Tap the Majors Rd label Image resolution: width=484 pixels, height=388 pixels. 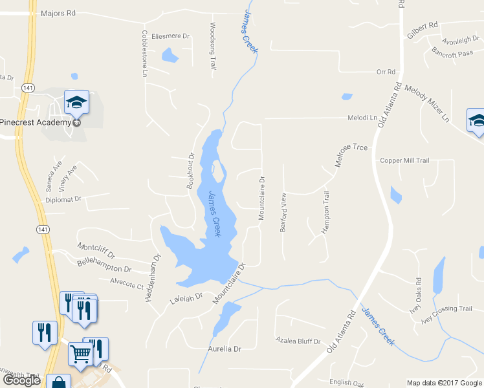point(58,13)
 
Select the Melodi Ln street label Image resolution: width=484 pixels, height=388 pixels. point(363,118)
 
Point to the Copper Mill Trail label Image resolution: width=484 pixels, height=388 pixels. point(404,160)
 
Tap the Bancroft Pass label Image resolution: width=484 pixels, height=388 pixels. point(452,54)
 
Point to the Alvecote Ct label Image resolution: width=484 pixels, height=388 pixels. point(126,283)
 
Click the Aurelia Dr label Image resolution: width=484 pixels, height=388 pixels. point(225,349)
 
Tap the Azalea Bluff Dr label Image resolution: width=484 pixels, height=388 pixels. point(298,340)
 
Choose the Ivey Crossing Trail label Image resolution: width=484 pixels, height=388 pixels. point(446,309)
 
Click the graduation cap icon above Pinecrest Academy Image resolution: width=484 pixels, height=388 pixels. point(76,102)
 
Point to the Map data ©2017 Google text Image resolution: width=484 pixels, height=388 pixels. point(443,383)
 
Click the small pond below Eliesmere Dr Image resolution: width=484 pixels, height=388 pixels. point(170,56)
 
